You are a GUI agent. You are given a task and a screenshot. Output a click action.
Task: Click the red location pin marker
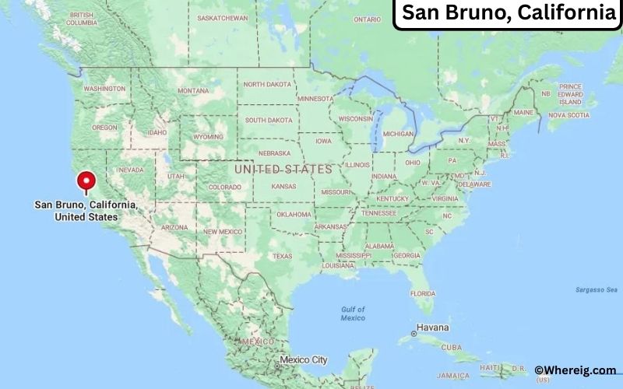[x=86, y=180]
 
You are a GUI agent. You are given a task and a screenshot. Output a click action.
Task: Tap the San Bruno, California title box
[x=508, y=13]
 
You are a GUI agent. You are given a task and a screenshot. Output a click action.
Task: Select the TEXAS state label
[x=282, y=256]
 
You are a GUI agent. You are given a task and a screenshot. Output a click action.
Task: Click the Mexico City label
[x=304, y=360]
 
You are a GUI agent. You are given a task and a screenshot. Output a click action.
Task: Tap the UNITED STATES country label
[x=283, y=169]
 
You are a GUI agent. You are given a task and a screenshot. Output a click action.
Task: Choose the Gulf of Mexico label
[x=353, y=314]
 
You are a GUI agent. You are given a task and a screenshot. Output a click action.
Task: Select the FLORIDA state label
[x=423, y=293]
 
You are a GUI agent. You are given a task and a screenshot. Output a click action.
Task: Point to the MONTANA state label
[x=193, y=90]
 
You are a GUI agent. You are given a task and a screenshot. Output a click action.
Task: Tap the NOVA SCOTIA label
[x=568, y=115]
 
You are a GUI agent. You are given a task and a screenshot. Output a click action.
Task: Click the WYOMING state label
[x=208, y=136]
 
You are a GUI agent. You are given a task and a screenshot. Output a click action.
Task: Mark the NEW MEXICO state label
[x=223, y=232]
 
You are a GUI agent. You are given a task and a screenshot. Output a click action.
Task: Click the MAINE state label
[x=523, y=112]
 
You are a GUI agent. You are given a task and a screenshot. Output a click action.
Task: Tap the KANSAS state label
[x=283, y=187]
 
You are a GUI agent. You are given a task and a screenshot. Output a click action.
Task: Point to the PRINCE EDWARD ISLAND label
[x=570, y=93]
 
